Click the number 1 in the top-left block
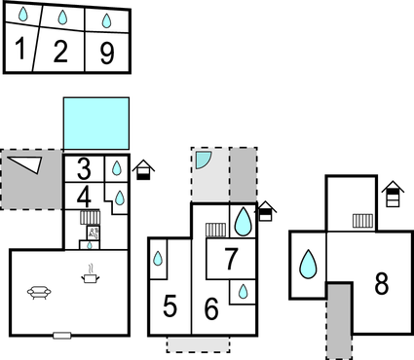click(19, 50)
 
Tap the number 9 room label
click(106, 53)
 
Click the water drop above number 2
click(63, 18)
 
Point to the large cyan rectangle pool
click(95, 123)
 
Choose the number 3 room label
click(85, 167)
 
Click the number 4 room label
click(85, 196)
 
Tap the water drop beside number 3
click(116, 168)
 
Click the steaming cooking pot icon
click(91, 277)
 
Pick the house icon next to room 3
click(143, 170)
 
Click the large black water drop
click(243, 223)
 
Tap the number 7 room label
click(231, 260)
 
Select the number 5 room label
click(169, 307)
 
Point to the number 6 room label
click(210, 308)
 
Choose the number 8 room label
click(381, 284)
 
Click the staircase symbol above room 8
click(362, 221)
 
